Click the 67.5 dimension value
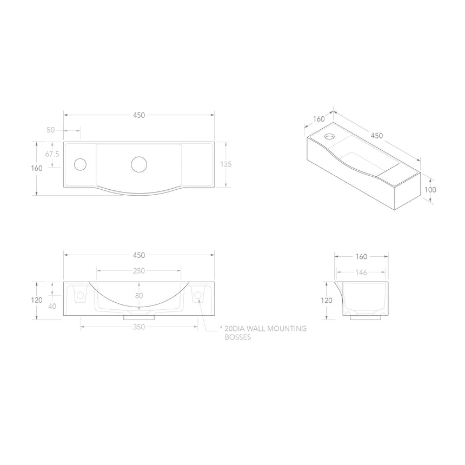[52, 154]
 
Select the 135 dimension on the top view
[226, 164]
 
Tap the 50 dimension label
[51, 130]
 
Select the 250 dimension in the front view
[139, 271]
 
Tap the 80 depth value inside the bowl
[139, 296]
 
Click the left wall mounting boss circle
[81, 295]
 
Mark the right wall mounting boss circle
[197, 295]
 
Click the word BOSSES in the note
[237, 337]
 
